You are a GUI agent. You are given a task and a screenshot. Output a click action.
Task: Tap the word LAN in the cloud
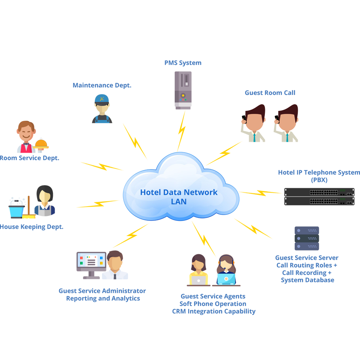tap(178, 202)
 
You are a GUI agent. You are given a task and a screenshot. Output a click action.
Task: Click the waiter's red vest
tap(26, 148)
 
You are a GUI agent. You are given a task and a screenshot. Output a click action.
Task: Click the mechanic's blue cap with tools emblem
tap(101, 98)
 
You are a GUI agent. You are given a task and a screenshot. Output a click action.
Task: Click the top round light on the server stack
tap(298, 230)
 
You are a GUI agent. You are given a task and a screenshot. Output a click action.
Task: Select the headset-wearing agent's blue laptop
tap(226, 279)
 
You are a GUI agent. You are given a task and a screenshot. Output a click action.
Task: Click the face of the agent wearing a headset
tap(225, 264)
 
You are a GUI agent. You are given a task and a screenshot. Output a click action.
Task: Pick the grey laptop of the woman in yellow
tap(199, 279)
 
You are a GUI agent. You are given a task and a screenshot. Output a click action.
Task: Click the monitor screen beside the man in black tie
tap(91, 260)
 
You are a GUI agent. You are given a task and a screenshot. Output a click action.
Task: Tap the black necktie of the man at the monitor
tap(114, 279)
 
